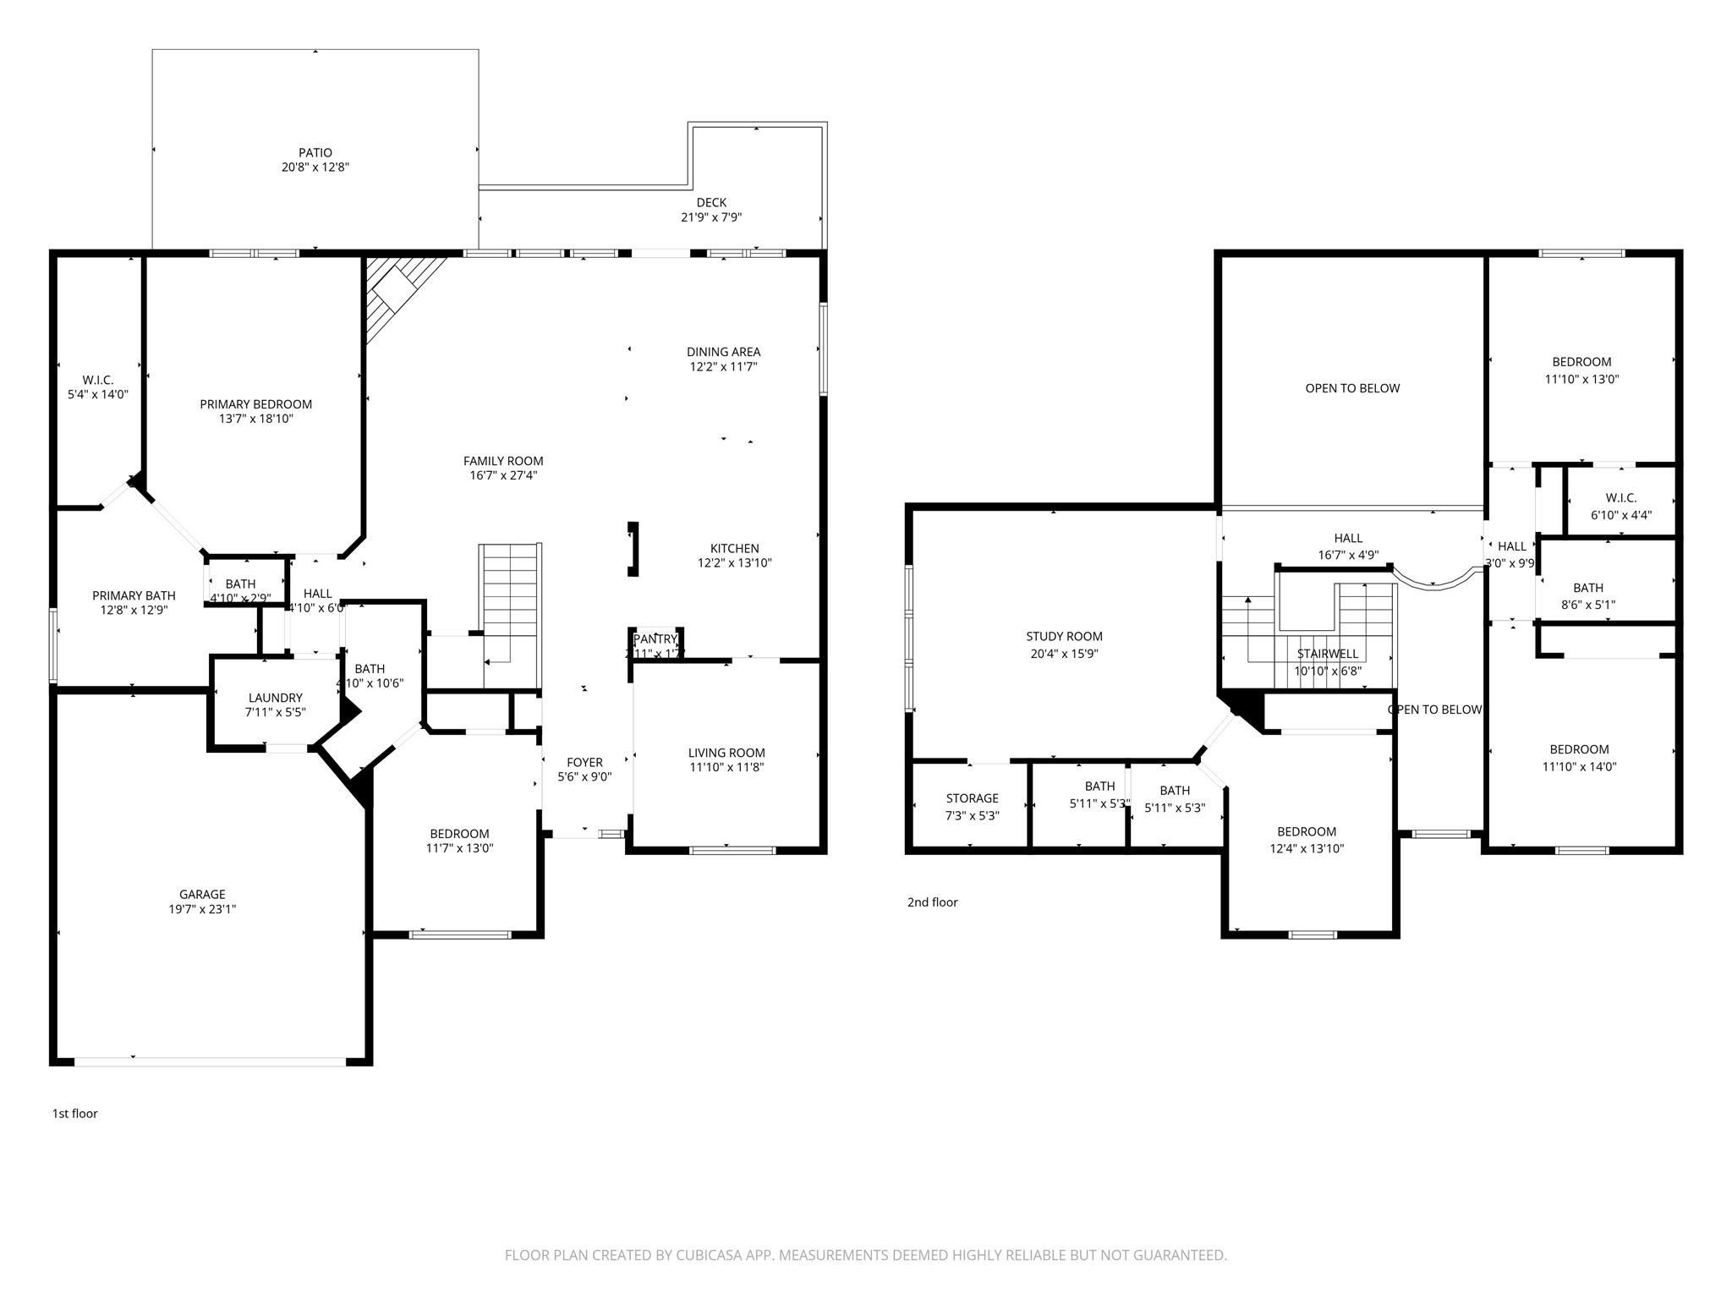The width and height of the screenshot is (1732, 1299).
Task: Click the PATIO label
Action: [315, 153]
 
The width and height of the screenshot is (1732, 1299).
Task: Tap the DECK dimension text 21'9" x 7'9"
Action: [711, 217]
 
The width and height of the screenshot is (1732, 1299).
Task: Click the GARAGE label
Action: [202, 894]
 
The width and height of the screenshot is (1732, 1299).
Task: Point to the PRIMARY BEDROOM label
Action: [255, 404]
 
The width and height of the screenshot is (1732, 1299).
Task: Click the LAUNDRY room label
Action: [275, 698]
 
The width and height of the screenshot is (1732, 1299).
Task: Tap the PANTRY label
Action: [655, 639]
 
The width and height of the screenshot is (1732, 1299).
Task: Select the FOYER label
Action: [584, 762]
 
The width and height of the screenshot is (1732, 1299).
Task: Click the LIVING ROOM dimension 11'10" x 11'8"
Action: [726, 767]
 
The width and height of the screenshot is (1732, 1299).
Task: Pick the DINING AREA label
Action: [723, 352]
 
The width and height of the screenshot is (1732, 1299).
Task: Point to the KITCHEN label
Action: [734, 548]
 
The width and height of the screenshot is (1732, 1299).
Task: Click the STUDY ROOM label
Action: [1064, 636]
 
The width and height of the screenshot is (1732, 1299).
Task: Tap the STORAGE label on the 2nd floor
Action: [972, 797]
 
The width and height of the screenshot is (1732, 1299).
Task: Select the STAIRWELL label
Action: [1327, 654]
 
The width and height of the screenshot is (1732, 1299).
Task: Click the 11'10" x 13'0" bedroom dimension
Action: [1581, 379]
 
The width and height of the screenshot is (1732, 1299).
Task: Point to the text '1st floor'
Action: [75, 1113]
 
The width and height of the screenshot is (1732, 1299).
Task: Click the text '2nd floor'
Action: [932, 902]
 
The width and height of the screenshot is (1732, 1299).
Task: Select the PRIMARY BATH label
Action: [134, 595]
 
